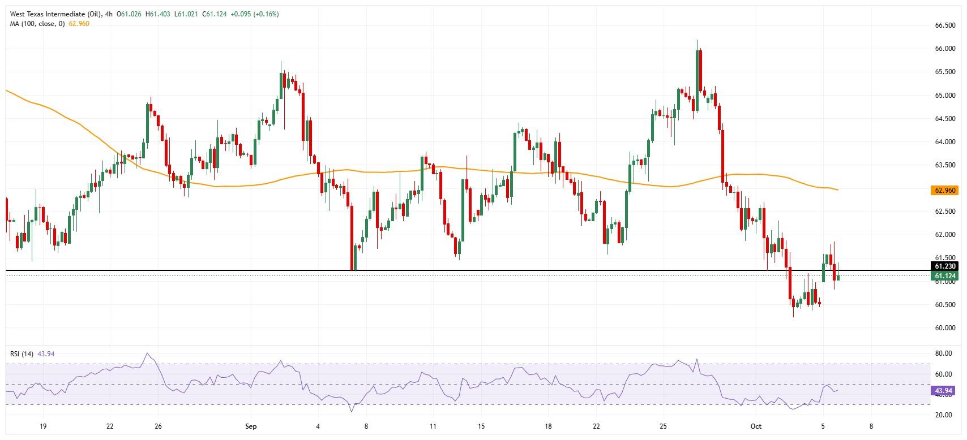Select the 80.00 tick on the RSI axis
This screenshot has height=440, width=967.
pos(943,353)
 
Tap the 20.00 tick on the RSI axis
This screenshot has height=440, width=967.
pos(943,415)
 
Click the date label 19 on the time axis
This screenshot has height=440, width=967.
pos(43,426)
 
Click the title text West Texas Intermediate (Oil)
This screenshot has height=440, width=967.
pos(55,14)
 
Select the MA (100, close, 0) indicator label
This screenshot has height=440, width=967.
pos(37,24)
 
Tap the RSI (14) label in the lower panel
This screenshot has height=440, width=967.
pos(22,354)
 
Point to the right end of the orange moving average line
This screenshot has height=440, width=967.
pos(837,189)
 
